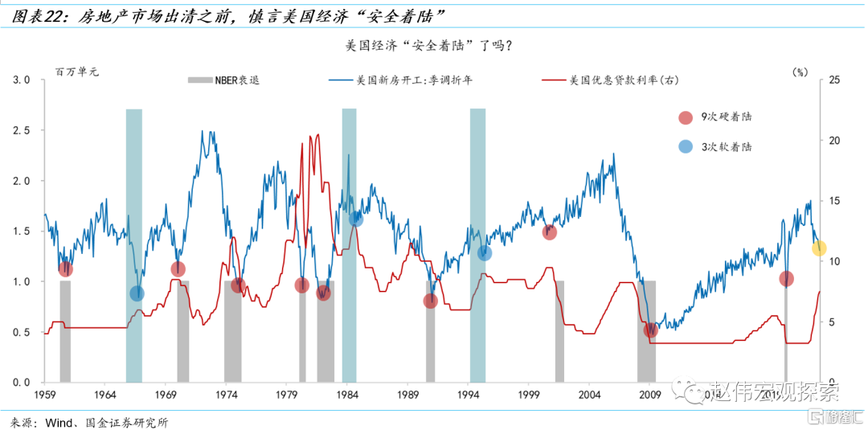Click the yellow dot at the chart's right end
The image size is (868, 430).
(819, 248)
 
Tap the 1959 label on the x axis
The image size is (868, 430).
(45, 395)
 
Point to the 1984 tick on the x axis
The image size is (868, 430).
(347, 395)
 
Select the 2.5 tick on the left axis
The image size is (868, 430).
(22, 130)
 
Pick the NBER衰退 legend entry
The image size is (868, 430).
(223, 80)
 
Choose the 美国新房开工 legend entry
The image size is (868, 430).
(391, 80)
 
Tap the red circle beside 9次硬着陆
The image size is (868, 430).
(685, 117)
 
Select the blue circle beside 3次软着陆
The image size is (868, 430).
(685, 146)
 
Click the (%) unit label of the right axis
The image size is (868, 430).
(800, 71)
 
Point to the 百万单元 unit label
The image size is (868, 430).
(76, 72)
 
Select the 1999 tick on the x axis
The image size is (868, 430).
(529, 395)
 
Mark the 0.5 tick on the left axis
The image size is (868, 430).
(22, 332)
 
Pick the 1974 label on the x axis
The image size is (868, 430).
(227, 395)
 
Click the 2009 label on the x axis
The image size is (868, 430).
(649, 395)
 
